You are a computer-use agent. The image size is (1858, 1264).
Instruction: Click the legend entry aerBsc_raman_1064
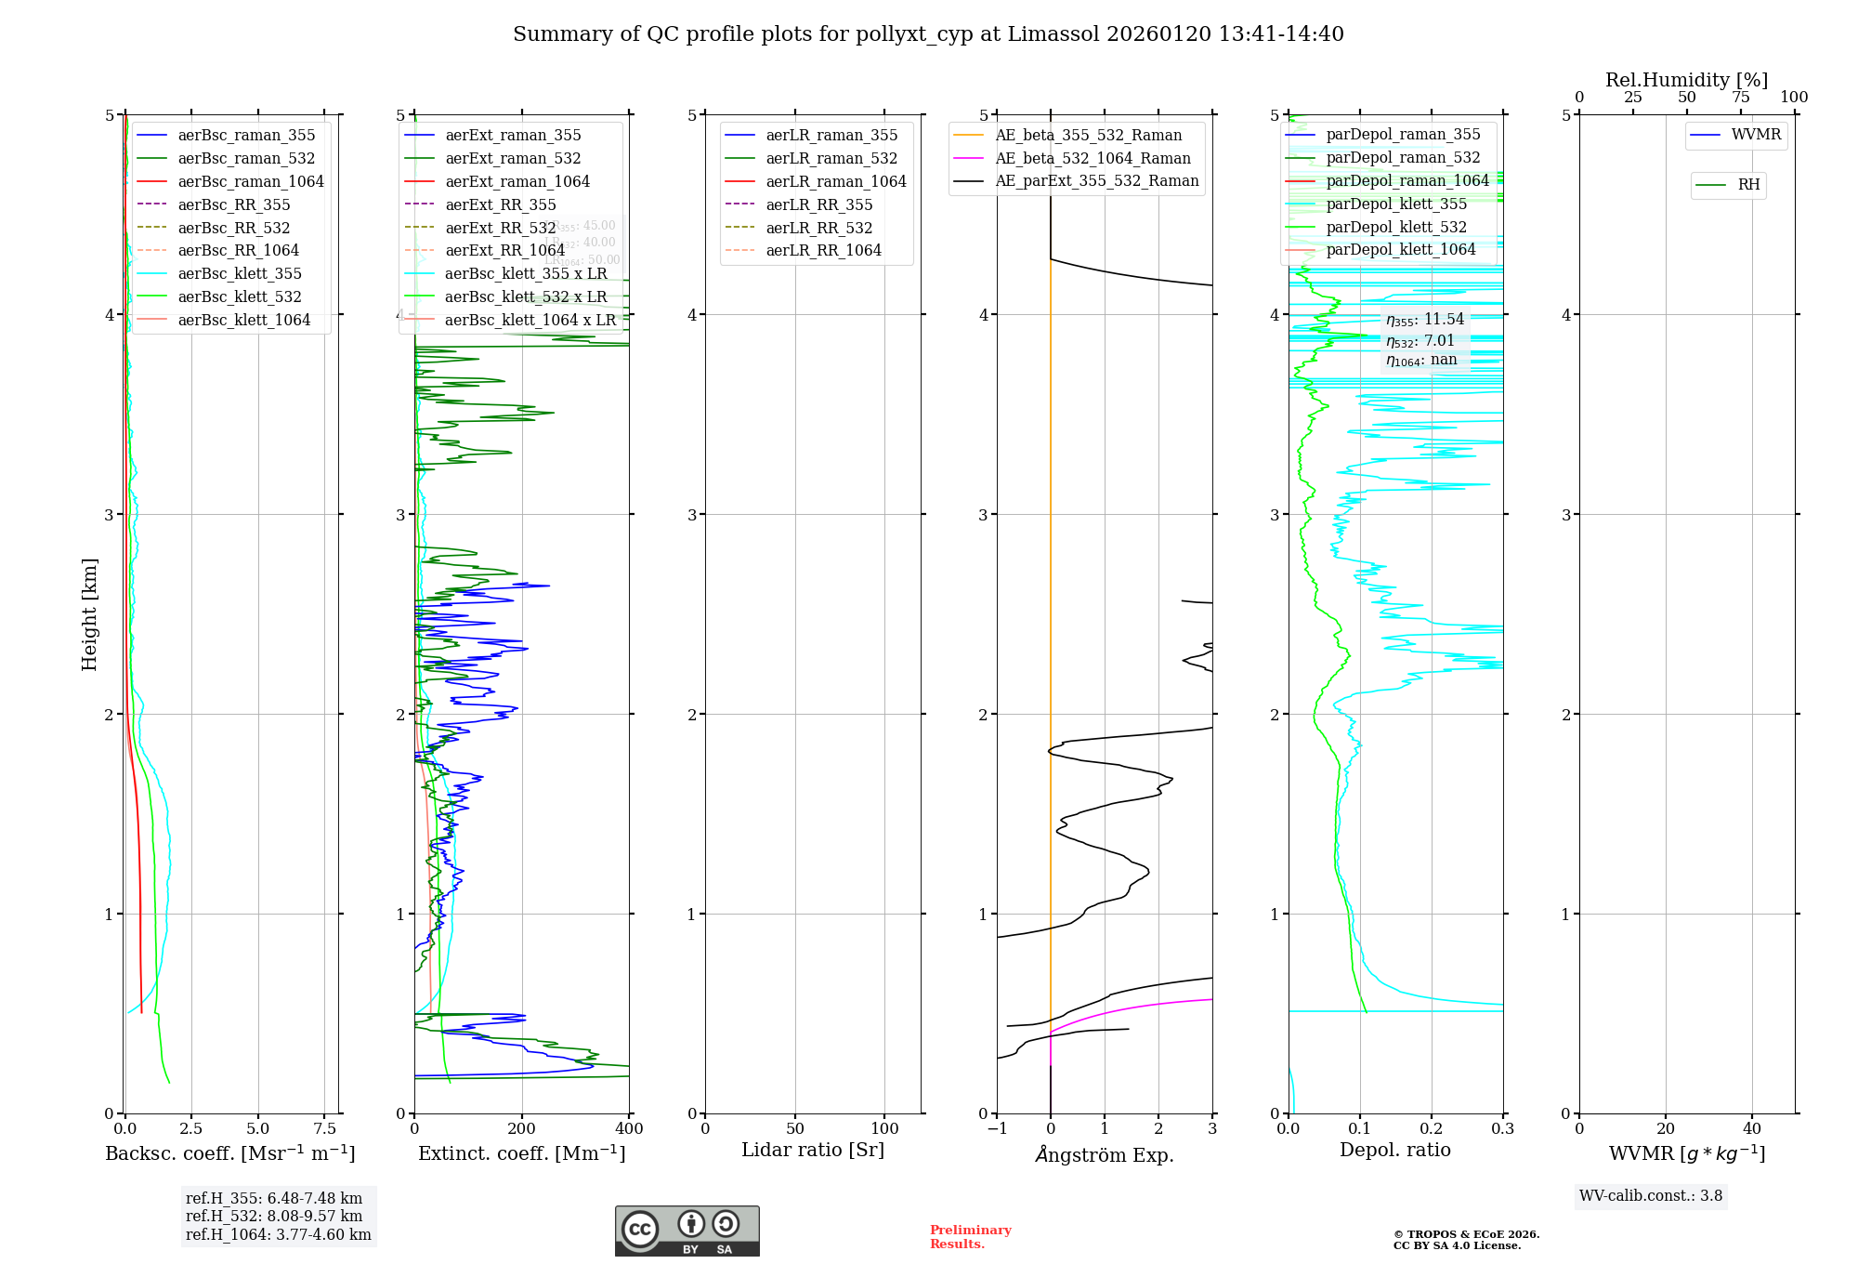pos(251,181)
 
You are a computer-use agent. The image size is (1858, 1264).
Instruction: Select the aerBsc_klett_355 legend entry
pos(240,273)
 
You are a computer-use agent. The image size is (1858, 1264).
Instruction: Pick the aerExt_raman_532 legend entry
pos(513,158)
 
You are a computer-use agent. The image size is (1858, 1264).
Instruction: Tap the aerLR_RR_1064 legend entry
pos(823,250)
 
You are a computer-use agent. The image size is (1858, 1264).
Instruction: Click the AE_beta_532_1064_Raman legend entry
pos(1093,158)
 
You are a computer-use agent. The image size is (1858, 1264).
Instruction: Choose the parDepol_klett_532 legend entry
pos(1396,227)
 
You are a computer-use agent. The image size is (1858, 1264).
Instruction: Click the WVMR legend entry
pos(1756,135)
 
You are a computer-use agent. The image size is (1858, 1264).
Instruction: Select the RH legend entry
pos(1748,185)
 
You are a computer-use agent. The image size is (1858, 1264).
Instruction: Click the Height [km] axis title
pos(89,614)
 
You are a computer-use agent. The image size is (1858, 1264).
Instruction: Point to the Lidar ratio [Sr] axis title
pos(813,1150)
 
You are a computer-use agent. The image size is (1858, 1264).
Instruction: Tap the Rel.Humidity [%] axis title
pos(1686,80)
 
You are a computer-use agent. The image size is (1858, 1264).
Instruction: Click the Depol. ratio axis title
pos(1394,1150)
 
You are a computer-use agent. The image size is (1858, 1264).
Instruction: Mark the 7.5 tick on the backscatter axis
pos(324,1128)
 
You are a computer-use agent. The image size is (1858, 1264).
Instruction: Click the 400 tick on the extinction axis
pos(629,1128)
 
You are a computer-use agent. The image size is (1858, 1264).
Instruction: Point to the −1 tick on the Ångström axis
pos(996,1128)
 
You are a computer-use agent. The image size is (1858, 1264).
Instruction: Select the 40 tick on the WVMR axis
pos(1751,1128)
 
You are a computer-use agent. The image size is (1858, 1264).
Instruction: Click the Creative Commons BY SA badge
pos(687,1231)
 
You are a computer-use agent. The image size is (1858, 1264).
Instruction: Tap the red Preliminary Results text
pos(970,1236)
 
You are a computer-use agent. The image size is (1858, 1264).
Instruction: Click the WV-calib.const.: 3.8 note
pos(1651,1195)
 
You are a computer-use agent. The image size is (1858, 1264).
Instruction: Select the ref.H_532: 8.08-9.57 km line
pos(274,1216)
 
